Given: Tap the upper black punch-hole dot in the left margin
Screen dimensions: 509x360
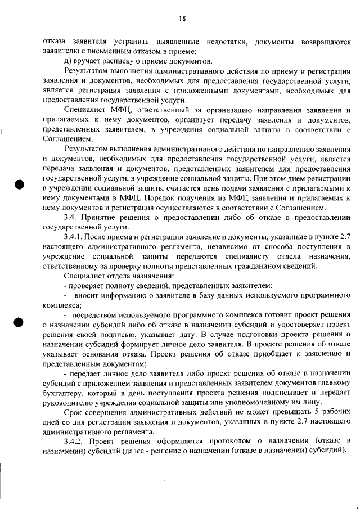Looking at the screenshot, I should tap(18, 186).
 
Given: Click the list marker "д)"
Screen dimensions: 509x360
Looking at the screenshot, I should tap(69, 61).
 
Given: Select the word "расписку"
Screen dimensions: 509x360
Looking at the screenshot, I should tap(113, 61).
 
